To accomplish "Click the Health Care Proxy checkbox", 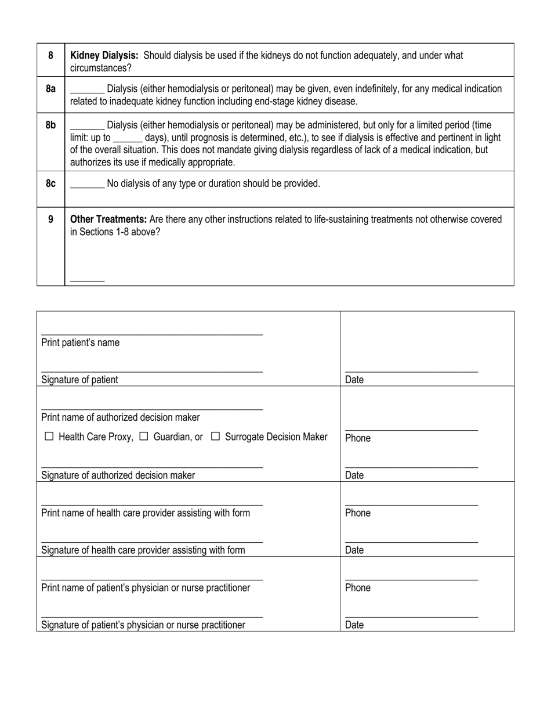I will (x=49, y=436).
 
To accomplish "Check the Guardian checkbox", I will (x=144, y=436).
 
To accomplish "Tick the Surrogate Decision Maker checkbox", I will (x=215, y=436).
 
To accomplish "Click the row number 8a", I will (x=50, y=89).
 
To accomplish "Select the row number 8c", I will (x=50, y=183).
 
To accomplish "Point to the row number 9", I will (x=50, y=219).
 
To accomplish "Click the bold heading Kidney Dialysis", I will (x=104, y=56).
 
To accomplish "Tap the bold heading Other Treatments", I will (x=108, y=219).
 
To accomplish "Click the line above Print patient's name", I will (x=152, y=333).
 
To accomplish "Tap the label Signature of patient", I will (x=79, y=380).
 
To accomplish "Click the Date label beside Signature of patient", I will (x=354, y=380).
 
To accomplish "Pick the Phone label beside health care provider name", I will (x=357, y=513).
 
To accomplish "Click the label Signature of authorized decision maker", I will (x=118, y=475).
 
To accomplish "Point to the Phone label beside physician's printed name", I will (x=357, y=587).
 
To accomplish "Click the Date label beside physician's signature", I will (x=354, y=625).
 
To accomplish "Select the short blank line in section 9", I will (x=87, y=280).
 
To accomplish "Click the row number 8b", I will (x=50, y=125).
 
